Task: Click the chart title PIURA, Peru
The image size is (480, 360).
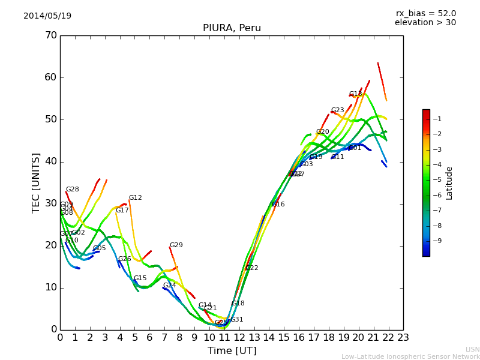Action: pos(232,28)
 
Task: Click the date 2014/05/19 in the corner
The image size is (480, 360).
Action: pos(47,16)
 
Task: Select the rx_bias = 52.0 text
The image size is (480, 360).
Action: pos(426,14)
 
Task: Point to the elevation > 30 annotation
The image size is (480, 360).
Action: pos(425,23)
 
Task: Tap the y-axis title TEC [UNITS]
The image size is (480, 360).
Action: pos(36,182)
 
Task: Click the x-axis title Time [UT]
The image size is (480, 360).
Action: pos(232,351)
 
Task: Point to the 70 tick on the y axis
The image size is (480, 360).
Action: pos(51,35)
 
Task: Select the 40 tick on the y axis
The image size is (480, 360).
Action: pos(51,161)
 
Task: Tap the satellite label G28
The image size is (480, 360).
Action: pos(73,190)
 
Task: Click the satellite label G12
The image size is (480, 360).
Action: pos(136,198)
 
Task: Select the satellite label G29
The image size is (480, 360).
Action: pos(176,245)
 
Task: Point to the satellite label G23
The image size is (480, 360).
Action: pos(338,110)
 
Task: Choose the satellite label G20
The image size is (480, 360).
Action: pos(323,132)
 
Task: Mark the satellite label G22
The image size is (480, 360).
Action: pos(252,268)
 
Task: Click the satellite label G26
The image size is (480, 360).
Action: pos(125,259)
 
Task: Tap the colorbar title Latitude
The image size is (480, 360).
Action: pos(449,183)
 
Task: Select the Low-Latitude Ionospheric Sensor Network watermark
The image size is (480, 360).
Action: pos(410,357)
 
